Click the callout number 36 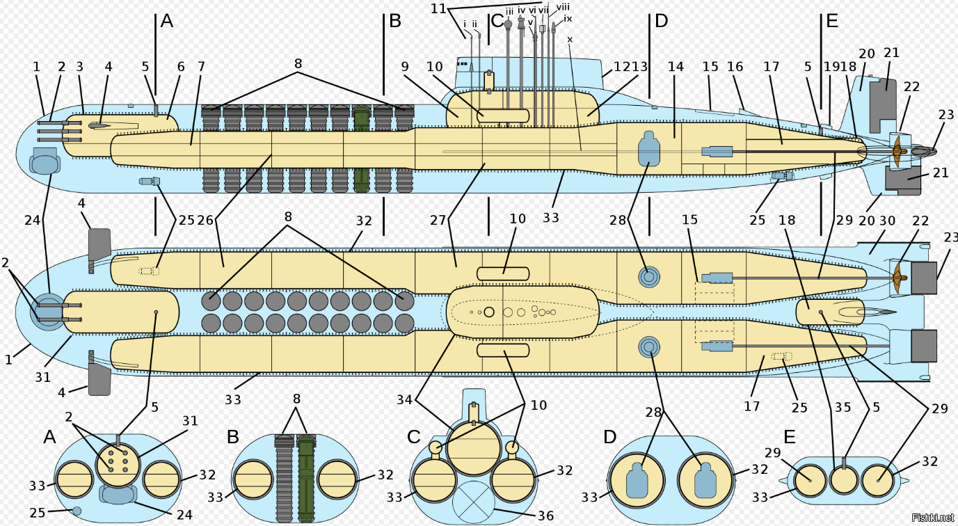point(545,516)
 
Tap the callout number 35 point(843,408)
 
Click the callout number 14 point(676,67)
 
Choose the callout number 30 point(886,221)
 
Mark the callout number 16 point(735,67)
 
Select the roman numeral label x point(570,40)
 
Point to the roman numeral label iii point(509,12)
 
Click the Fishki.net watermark point(932,517)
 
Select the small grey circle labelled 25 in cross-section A point(77,511)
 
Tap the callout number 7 point(201,67)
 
